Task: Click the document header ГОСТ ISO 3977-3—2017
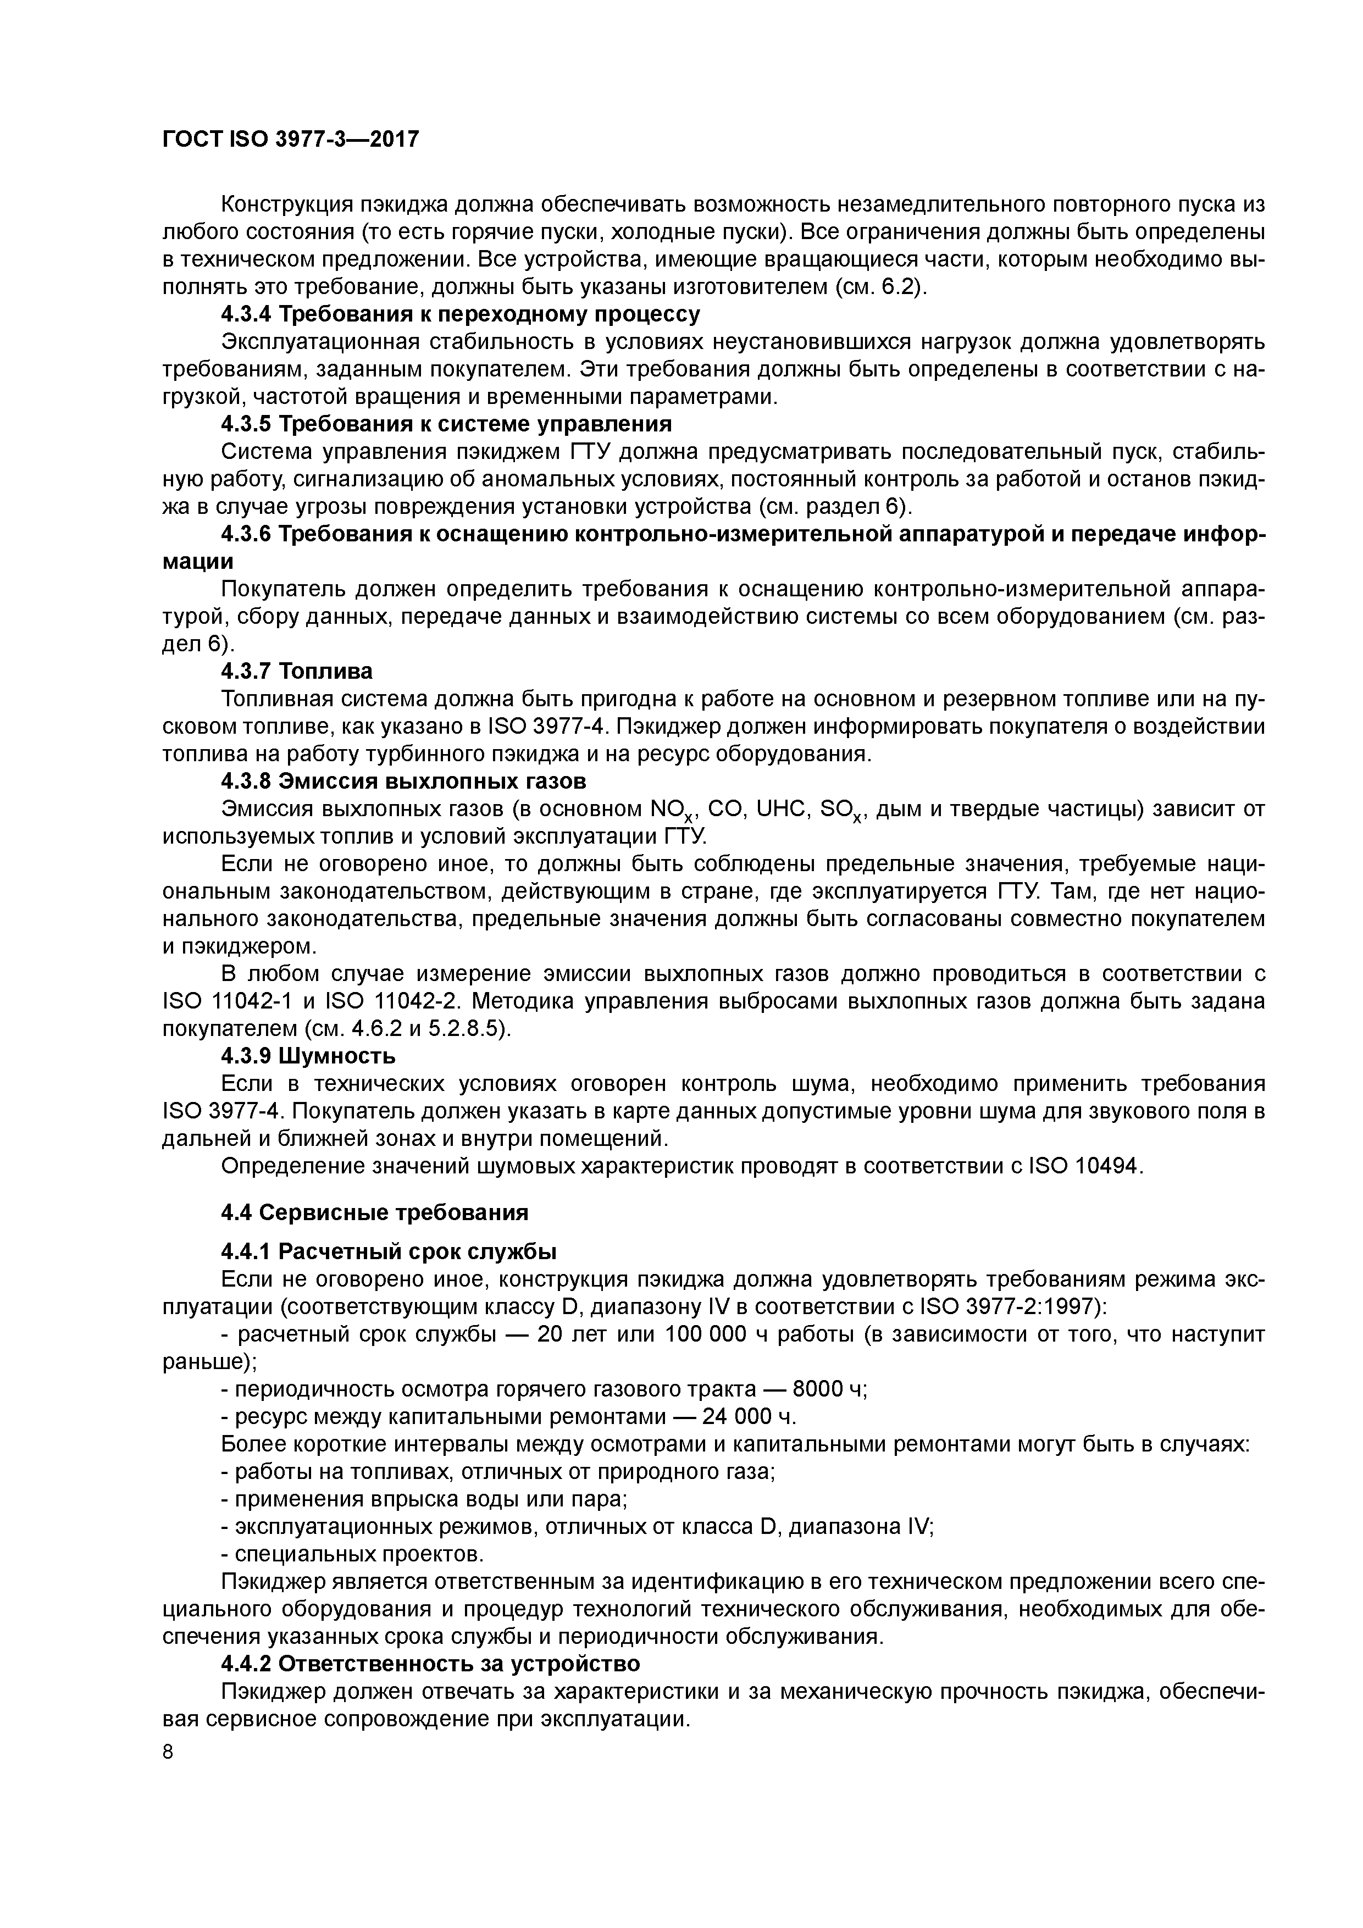tap(290, 140)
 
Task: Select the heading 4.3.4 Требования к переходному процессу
tap(460, 315)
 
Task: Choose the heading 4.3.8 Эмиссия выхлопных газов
tap(403, 782)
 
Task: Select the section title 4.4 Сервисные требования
tap(375, 1212)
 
